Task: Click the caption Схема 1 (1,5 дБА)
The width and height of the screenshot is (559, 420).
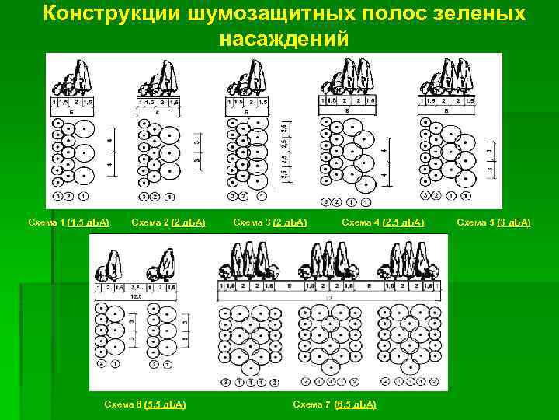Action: (68, 222)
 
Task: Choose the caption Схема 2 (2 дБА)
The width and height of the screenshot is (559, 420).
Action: (168, 222)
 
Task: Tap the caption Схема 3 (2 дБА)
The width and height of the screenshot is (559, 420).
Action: (270, 222)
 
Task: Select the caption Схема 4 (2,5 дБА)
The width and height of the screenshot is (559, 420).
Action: (383, 222)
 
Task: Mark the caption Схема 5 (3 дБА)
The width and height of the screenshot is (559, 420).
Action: (494, 222)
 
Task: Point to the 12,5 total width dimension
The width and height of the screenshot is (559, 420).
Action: (135, 296)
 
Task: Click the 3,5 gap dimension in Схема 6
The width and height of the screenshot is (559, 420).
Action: (135, 287)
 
